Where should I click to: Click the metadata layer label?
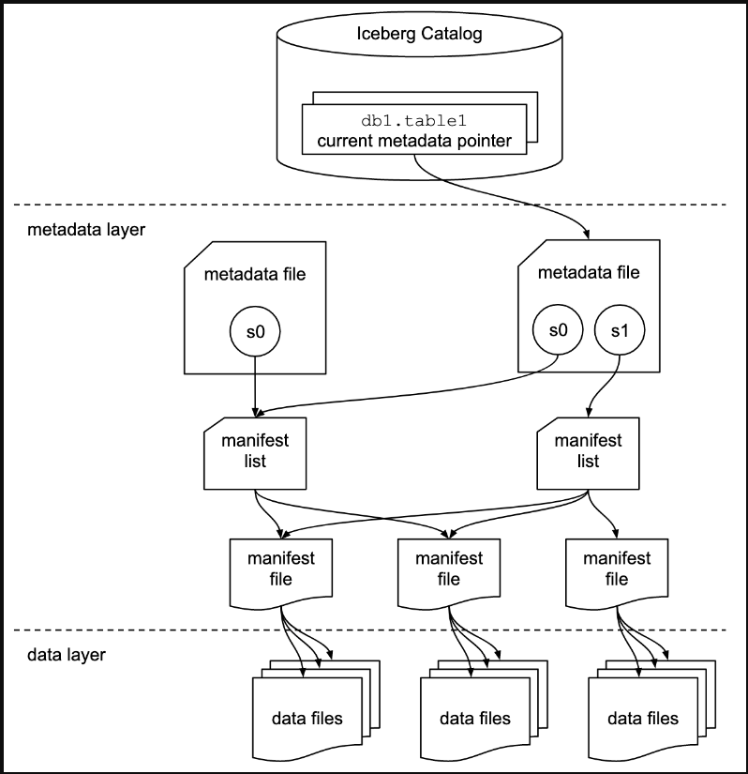(86, 229)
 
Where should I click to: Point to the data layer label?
(67, 655)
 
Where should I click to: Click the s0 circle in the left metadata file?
(256, 331)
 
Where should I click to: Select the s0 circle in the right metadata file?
(558, 330)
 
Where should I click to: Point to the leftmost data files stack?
(307, 719)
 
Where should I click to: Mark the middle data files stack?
(474, 719)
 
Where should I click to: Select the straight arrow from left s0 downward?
(256, 385)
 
